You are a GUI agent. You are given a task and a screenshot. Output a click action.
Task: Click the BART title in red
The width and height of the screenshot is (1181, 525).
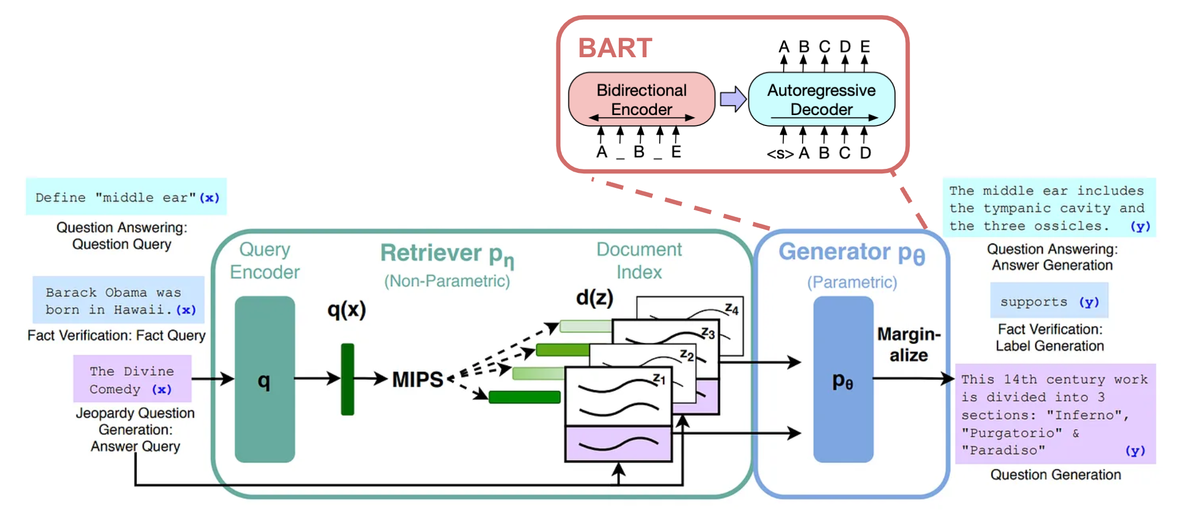615,48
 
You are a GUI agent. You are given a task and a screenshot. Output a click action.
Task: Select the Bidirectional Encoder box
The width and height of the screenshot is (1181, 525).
641,99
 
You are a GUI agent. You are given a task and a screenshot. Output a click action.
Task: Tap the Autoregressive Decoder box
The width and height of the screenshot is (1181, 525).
821,99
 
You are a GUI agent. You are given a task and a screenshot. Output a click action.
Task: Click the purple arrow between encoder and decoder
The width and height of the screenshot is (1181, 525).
733,99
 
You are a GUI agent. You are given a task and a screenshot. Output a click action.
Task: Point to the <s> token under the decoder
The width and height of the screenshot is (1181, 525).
779,154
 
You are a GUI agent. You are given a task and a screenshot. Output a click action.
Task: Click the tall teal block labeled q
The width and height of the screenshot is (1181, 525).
265,379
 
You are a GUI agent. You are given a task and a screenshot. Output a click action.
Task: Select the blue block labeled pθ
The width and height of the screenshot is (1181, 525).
843,379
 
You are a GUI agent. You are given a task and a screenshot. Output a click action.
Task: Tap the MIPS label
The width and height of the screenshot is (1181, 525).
418,380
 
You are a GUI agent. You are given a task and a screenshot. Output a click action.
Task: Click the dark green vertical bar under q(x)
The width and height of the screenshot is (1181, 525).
347,379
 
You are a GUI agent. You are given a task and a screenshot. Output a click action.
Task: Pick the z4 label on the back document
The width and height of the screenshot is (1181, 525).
731,309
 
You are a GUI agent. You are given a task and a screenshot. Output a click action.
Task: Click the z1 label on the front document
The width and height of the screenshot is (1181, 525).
659,379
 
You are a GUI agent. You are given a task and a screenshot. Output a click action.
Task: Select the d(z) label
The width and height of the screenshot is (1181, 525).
595,297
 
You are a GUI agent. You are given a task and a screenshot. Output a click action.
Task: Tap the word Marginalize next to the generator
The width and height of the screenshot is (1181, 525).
909,345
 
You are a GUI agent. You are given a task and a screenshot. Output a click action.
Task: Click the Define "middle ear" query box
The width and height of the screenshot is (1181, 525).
127,197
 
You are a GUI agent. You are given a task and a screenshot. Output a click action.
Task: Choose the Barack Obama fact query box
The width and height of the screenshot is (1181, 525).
119,301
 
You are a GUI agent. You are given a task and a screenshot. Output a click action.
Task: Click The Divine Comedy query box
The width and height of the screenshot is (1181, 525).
132,379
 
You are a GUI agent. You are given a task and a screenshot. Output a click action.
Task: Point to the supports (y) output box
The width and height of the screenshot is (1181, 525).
1049,301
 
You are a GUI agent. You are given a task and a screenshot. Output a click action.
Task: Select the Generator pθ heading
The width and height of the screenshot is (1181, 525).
851,253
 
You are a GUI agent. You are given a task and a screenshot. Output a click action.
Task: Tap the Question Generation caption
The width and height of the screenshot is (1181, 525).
1055,475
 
